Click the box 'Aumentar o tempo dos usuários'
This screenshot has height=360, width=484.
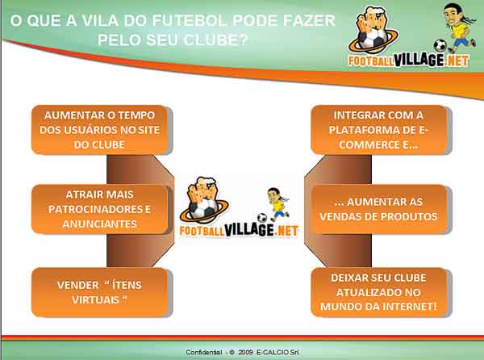100,130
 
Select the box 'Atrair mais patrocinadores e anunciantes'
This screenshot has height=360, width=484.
100,209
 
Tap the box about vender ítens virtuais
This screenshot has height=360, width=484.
100,292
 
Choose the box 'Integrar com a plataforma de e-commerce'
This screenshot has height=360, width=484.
379,130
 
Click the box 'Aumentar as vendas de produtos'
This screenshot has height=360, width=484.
379,209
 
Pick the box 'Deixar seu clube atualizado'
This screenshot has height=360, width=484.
379,292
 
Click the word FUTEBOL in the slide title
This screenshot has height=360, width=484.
189,21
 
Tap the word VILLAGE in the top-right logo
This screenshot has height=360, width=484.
419,60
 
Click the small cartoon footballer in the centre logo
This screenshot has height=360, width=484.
278,204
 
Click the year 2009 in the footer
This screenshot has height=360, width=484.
245,352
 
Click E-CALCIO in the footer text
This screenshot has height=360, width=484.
273,352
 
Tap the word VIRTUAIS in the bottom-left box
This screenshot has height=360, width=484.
96,299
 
